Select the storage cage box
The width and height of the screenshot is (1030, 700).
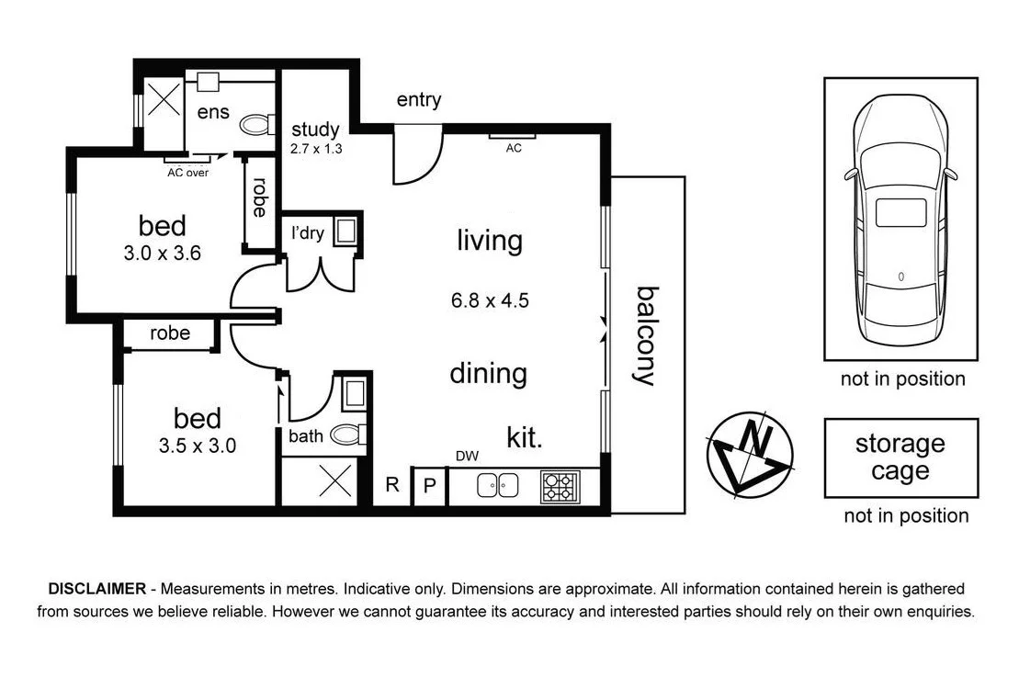point(900,457)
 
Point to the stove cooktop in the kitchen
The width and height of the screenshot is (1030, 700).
point(559,486)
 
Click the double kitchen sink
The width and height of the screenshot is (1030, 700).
point(498,486)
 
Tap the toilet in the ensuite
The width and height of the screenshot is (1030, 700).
point(255,123)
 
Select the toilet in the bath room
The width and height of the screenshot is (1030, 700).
point(349,435)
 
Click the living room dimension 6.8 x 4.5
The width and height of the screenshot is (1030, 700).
point(490,300)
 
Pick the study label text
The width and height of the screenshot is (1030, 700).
point(315,130)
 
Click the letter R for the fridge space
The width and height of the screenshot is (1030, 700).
point(392,484)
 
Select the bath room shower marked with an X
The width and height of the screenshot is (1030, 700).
point(332,480)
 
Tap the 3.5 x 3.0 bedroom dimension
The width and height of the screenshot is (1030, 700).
point(198,446)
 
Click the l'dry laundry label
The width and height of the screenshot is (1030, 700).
point(307,233)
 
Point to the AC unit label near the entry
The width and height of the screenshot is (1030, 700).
point(514,148)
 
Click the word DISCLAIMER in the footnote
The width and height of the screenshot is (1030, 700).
point(96,589)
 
